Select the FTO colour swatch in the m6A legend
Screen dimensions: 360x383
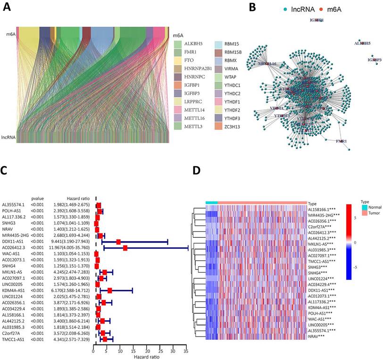point(178,61)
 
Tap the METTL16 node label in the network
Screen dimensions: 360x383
point(266,63)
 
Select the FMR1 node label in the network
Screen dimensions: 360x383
point(341,141)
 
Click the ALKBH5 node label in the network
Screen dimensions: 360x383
point(362,43)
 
